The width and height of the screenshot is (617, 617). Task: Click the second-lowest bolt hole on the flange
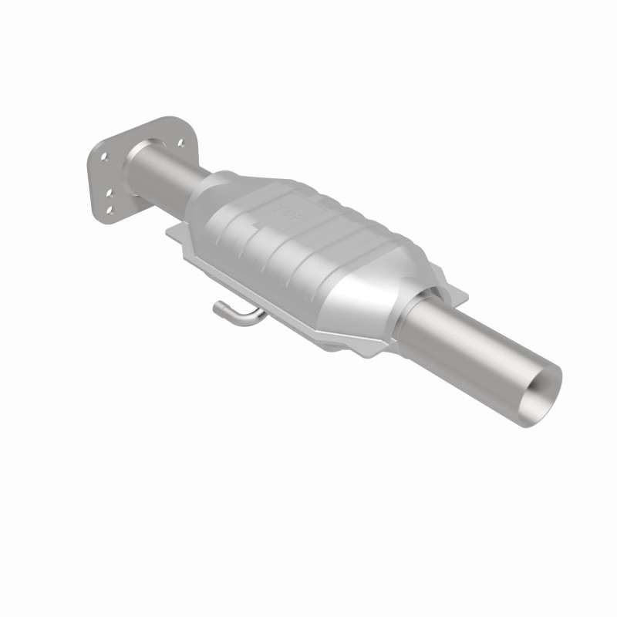click(x=109, y=193)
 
